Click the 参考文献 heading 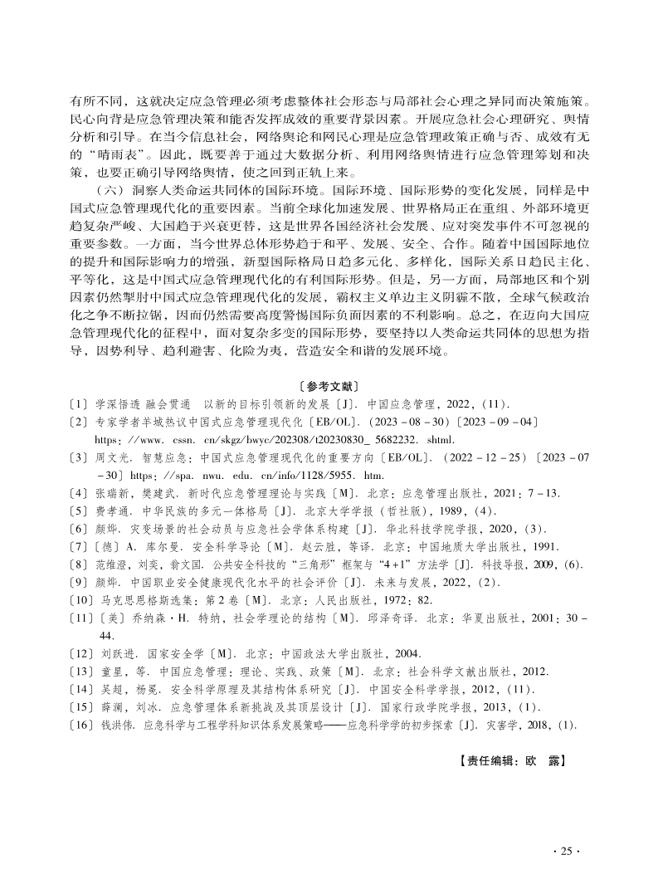click(328, 386)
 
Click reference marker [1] click(80, 404)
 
